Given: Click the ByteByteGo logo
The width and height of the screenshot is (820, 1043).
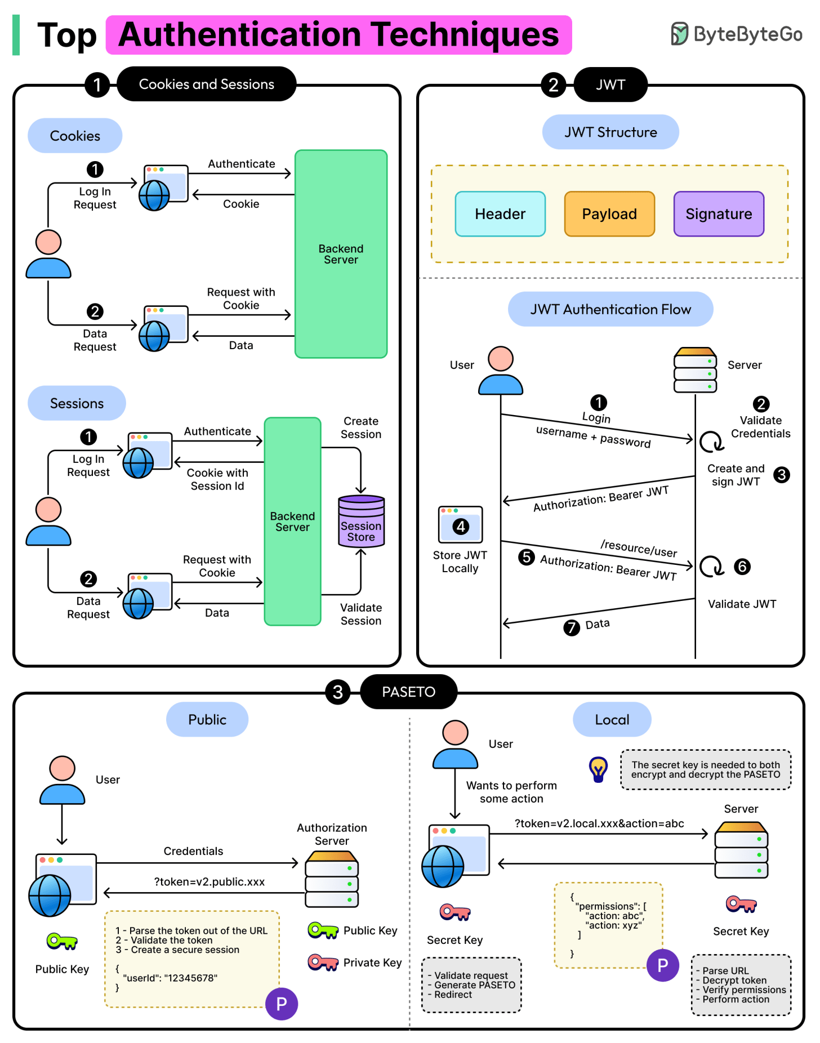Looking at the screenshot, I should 736,34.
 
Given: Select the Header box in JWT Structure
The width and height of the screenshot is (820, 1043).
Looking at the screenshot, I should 500,214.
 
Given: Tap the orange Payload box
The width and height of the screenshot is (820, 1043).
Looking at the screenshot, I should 609,214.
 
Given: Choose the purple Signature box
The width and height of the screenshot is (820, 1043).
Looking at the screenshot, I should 719,214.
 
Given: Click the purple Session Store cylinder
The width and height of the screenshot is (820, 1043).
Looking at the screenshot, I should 361,521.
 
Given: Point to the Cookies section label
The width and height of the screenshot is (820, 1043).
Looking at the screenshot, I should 75,136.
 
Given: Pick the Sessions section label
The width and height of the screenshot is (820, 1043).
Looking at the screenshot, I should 77,403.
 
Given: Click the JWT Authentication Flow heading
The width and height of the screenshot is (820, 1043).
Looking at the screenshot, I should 610,309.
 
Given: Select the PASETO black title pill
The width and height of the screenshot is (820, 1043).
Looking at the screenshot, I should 408,692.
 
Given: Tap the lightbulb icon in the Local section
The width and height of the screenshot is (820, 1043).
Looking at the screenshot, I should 598,769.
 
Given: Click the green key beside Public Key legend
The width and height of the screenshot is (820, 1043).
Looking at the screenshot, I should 323,930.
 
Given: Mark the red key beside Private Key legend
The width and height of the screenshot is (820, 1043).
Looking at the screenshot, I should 323,962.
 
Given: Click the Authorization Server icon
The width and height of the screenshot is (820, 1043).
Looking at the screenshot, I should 332,879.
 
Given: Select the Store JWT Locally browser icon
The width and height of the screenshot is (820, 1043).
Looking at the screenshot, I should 461,524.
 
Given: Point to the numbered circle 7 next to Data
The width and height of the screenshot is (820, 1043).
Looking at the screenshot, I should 572,627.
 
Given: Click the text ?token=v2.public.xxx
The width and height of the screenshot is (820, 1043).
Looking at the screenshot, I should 209,882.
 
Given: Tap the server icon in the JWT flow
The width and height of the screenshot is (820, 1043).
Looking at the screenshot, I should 695,370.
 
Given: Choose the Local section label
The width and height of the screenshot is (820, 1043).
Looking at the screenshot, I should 612,720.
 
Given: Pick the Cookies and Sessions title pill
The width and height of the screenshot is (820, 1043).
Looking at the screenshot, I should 206,84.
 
